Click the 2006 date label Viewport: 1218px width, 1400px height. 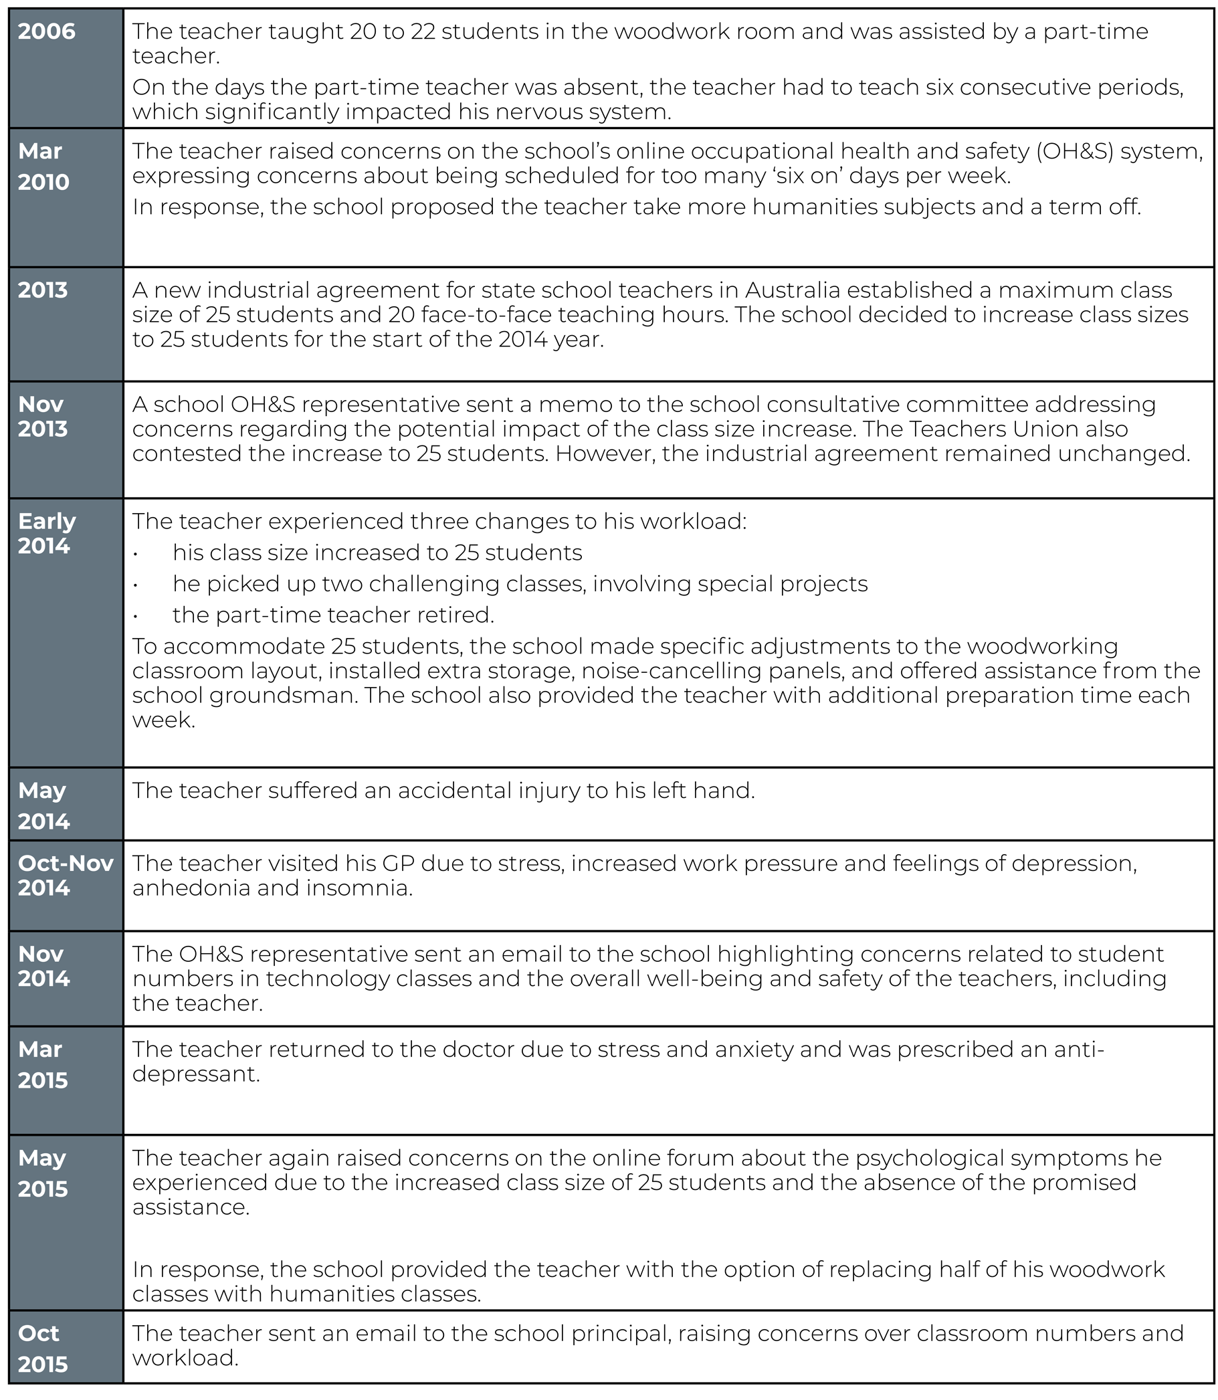click(46, 32)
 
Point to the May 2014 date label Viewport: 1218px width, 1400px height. click(43, 805)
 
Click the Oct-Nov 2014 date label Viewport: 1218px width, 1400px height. click(66, 876)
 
